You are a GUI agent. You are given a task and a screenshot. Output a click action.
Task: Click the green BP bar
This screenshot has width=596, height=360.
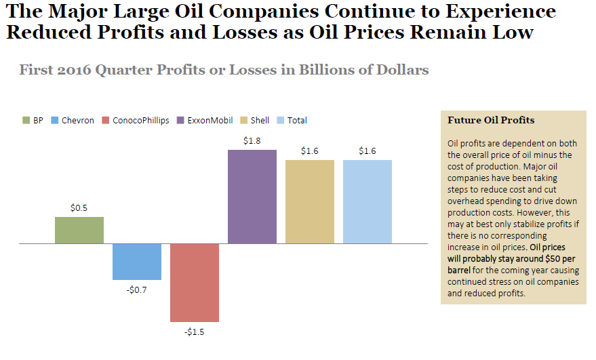tap(79, 230)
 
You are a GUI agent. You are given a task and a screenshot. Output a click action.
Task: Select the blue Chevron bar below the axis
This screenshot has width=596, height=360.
tap(137, 261)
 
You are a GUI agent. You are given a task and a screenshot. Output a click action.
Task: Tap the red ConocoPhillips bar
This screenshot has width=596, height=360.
tap(195, 282)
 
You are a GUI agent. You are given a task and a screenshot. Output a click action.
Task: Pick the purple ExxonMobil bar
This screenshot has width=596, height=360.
tap(252, 197)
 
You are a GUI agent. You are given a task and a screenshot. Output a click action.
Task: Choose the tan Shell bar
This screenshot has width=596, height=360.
tap(310, 201)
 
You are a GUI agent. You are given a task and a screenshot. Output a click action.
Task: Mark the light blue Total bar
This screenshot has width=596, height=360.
tap(367, 201)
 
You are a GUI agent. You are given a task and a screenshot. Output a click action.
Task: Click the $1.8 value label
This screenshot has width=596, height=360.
tap(252, 141)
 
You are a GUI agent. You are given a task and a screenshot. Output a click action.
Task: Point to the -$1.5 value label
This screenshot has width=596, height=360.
tap(195, 332)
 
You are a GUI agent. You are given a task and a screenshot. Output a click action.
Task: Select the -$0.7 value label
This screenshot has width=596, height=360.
tap(137, 289)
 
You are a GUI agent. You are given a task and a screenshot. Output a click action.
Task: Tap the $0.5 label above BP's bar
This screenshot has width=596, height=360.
tap(79, 208)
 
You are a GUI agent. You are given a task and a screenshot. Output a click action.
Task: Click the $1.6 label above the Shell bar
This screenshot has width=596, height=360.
tap(310, 151)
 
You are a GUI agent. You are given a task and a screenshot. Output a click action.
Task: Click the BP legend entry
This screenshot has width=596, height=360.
tap(32, 121)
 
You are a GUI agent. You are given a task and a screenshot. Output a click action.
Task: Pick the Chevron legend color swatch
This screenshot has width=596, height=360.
tap(55, 121)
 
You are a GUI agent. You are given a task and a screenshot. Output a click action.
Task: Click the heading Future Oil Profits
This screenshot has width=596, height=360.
tap(491, 120)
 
